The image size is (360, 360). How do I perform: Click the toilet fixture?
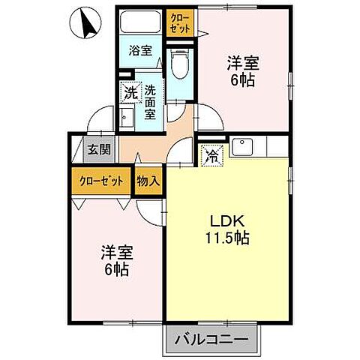coord(180,64)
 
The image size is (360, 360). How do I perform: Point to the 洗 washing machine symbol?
coord(130,94)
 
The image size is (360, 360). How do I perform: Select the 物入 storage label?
coord(147,181)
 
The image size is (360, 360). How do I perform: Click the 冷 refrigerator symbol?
coord(212,157)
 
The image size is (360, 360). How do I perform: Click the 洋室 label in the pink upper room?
coord(243,62)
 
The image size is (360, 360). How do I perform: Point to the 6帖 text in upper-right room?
coord(243,79)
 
